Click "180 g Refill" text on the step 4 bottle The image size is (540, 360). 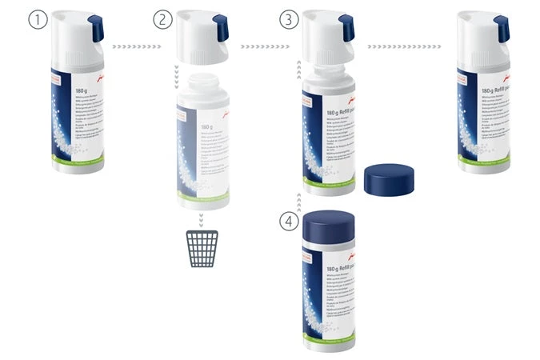tap(335, 271)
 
